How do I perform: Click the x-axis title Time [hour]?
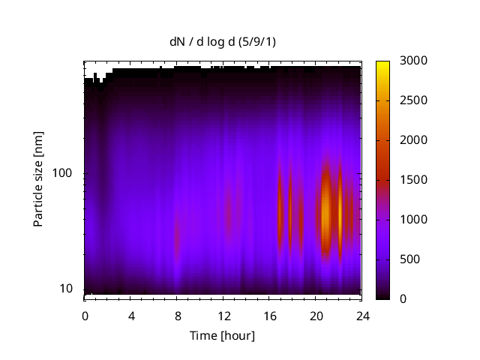pyautogui.click(x=222, y=335)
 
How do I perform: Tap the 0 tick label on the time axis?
pyautogui.click(x=85, y=315)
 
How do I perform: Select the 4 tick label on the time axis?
pyautogui.click(x=131, y=315)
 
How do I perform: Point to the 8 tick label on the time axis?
pyautogui.click(x=177, y=315)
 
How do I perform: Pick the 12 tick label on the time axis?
pyautogui.click(x=223, y=315)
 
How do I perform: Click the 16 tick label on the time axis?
pyautogui.click(x=269, y=315)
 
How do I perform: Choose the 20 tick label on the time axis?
pyautogui.click(x=316, y=315)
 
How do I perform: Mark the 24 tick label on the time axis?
pyautogui.click(x=362, y=315)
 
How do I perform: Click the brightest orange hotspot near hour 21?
pyautogui.click(x=325, y=214)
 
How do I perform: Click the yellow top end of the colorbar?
pyautogui.click(x=382, y=64)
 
